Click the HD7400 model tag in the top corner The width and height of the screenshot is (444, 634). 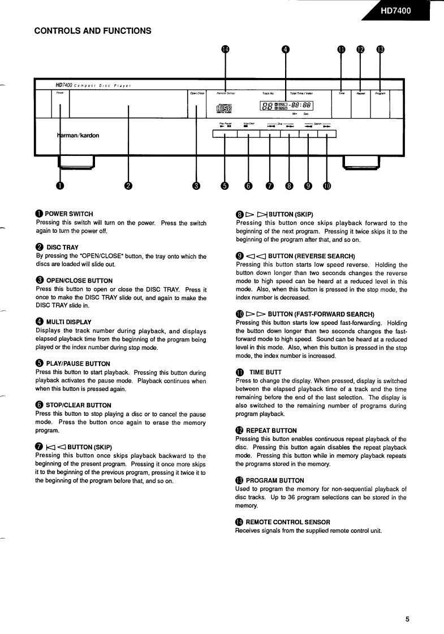point(399,10)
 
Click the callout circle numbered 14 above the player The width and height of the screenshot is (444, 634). point(226,49)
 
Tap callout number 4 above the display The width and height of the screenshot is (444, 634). point(286,49)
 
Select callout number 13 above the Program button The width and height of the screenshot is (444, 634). point(380,49)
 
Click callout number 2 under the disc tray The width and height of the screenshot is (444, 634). point(128,186)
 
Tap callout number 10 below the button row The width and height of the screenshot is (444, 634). point(327,186)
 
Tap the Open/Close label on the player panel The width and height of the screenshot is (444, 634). point(197,93)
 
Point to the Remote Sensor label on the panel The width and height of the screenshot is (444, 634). point(226,93)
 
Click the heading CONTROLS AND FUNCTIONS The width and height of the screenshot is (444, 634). point(93,31)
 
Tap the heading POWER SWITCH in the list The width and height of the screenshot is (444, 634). point(69,214)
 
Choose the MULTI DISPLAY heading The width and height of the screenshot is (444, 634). point(68,322)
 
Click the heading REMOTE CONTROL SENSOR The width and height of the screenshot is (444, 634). point(288,522)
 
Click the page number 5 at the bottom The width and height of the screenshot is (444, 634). point(407,619)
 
